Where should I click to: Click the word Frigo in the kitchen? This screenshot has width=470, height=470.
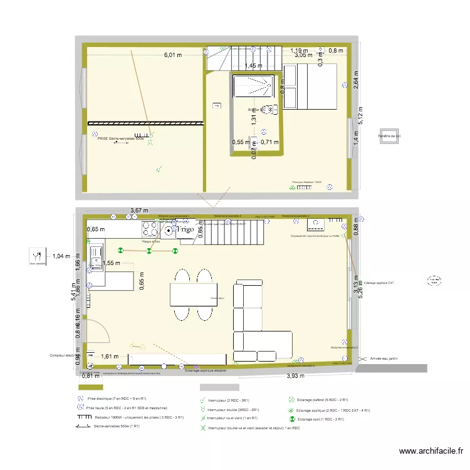point(185,230)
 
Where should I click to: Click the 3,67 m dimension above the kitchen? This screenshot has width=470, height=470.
point(140,211)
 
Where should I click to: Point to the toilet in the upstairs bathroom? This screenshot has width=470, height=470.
point(269,110)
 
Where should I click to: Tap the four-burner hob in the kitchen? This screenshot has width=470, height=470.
point(151,229)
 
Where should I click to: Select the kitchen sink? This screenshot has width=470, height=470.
point(97,257)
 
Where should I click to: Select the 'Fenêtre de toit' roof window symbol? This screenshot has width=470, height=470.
point(389,139)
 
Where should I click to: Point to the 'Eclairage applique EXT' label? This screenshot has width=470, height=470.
point(379,283)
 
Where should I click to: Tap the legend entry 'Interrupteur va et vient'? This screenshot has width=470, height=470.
point(229,417)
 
